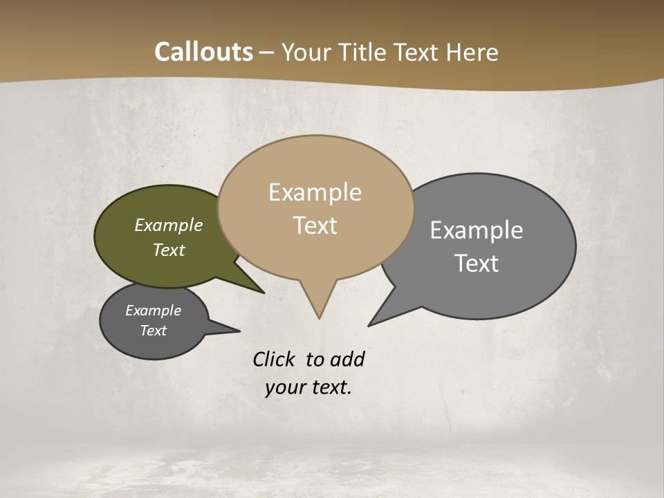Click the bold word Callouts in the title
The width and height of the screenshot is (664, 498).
click(204, 52)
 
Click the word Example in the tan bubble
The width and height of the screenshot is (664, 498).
click(315, 192)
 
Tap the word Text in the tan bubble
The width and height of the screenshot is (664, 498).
click(315, 225)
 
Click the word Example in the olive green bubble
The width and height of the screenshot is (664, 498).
click(169, 225)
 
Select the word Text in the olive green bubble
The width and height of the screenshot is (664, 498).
click(169, 250)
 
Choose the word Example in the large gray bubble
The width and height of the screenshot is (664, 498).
click(477, 230)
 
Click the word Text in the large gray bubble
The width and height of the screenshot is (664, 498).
click(477, 263)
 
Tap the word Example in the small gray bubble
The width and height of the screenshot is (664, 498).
click(154, 311)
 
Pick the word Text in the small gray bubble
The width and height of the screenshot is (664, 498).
click(154, 331)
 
